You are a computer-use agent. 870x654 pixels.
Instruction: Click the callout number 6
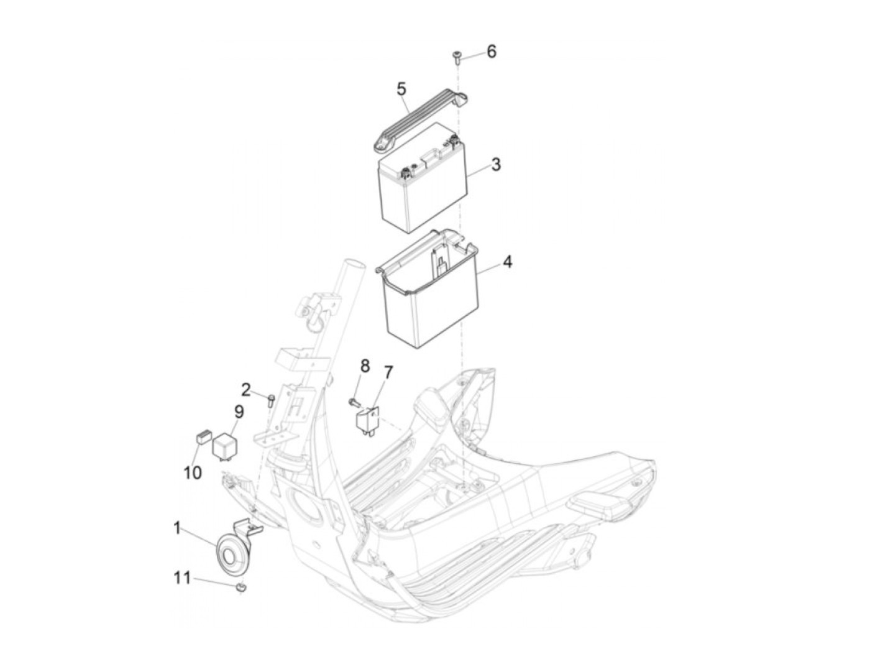click(491, 52)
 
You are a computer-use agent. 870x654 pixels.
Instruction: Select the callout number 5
click(401, 89)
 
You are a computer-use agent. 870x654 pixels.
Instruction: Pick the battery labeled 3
click(424, 177)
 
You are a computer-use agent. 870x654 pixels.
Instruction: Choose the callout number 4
click(507, 262)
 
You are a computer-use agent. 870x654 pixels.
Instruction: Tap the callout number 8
click(364, 366)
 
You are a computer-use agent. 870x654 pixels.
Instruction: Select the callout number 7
click(388, 372)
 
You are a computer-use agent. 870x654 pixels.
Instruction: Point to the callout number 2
click(245, 390)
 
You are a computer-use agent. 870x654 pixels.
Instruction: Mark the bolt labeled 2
click(272, 400)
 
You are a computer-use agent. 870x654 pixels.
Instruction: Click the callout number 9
click(239, 412)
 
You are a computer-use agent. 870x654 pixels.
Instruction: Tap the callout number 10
click(193, 472)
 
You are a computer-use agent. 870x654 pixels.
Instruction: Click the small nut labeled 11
click(240, 588)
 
